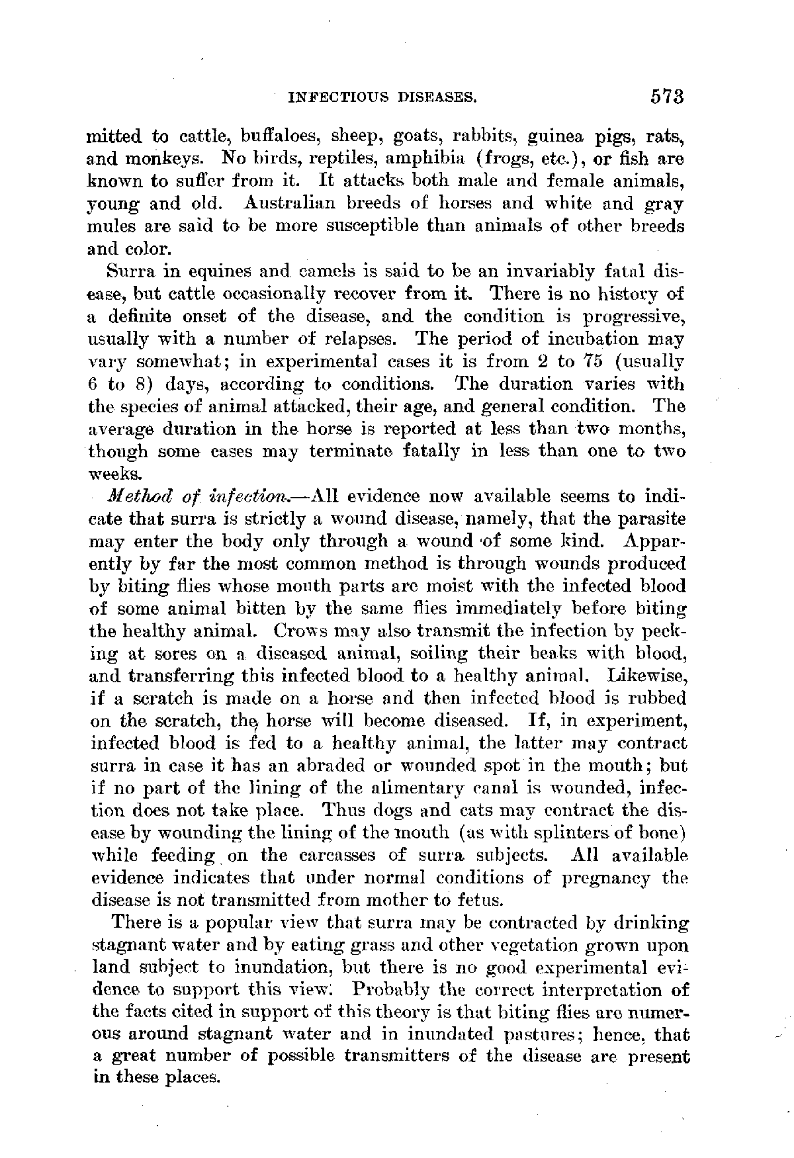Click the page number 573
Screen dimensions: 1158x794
(x=665, y=97)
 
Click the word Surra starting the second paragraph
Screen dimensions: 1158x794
(x=131, y=271)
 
